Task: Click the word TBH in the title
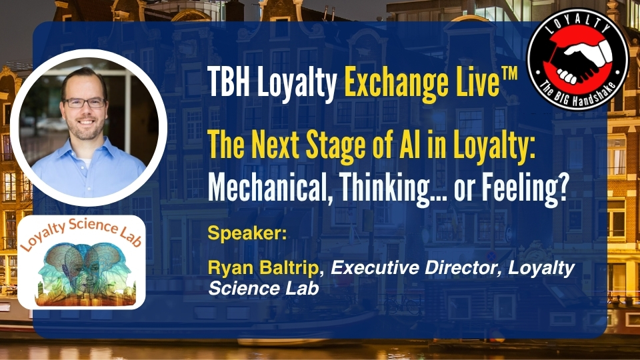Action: [x=229, y=81]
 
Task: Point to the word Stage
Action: [x=335, y=147]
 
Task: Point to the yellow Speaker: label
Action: [x=247, y=233]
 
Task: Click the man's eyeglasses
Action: [x=85, y=103]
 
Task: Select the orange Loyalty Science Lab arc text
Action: [x=81, y=233]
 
